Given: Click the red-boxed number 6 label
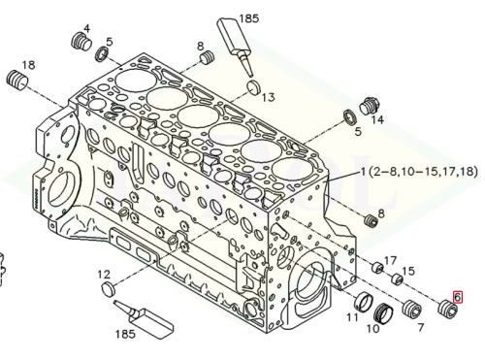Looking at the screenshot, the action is click(x=457, y=297).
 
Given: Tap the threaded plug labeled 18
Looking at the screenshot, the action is click(x=17, y=80).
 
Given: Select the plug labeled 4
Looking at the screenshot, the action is click(x=81, y=42).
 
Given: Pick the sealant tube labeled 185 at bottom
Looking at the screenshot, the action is click(x=144, y=319).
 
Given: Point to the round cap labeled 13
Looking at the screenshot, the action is click(x=253, y=86).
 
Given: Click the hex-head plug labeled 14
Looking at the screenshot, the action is click(x=370, y=106).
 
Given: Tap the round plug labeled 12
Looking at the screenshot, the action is click(x=109, y=289).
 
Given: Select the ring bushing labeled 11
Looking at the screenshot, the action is click(x=363, y=302).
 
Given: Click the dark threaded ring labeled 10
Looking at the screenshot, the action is click(x=383, y=313).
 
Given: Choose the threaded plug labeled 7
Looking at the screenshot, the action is click(x=412, y=309).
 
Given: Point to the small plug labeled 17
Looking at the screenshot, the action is click(x=377, y=268).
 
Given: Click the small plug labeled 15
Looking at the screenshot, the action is click(x=397, y=279).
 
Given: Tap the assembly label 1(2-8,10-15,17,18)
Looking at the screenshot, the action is click(x=419, y=172).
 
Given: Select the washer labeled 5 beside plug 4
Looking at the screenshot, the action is click(x=103, y=54).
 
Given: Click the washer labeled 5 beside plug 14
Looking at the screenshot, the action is click(x=349, y=117).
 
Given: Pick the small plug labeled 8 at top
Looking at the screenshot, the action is click(x=208, y=57).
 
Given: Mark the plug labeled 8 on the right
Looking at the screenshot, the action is click(x=371, y=221).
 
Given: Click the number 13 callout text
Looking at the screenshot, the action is click(x=268, y=97).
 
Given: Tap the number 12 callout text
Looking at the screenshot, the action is click(x=104, y=275).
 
